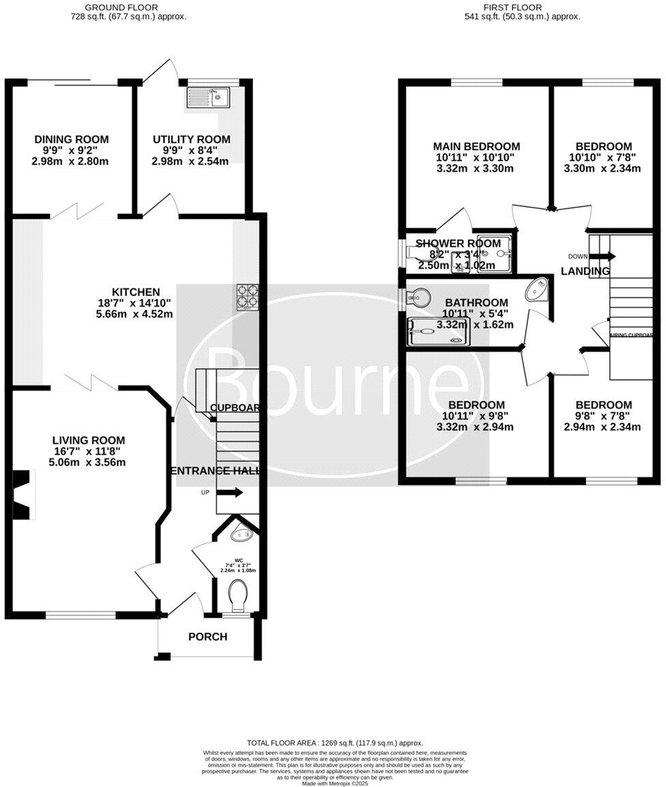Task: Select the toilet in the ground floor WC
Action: (238, 595)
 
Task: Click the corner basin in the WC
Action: (240, 535)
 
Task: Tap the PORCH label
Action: (208, 637)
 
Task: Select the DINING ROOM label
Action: (72, 139)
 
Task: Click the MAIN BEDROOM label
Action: (477, 146)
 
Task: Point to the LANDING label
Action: (585, 271)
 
